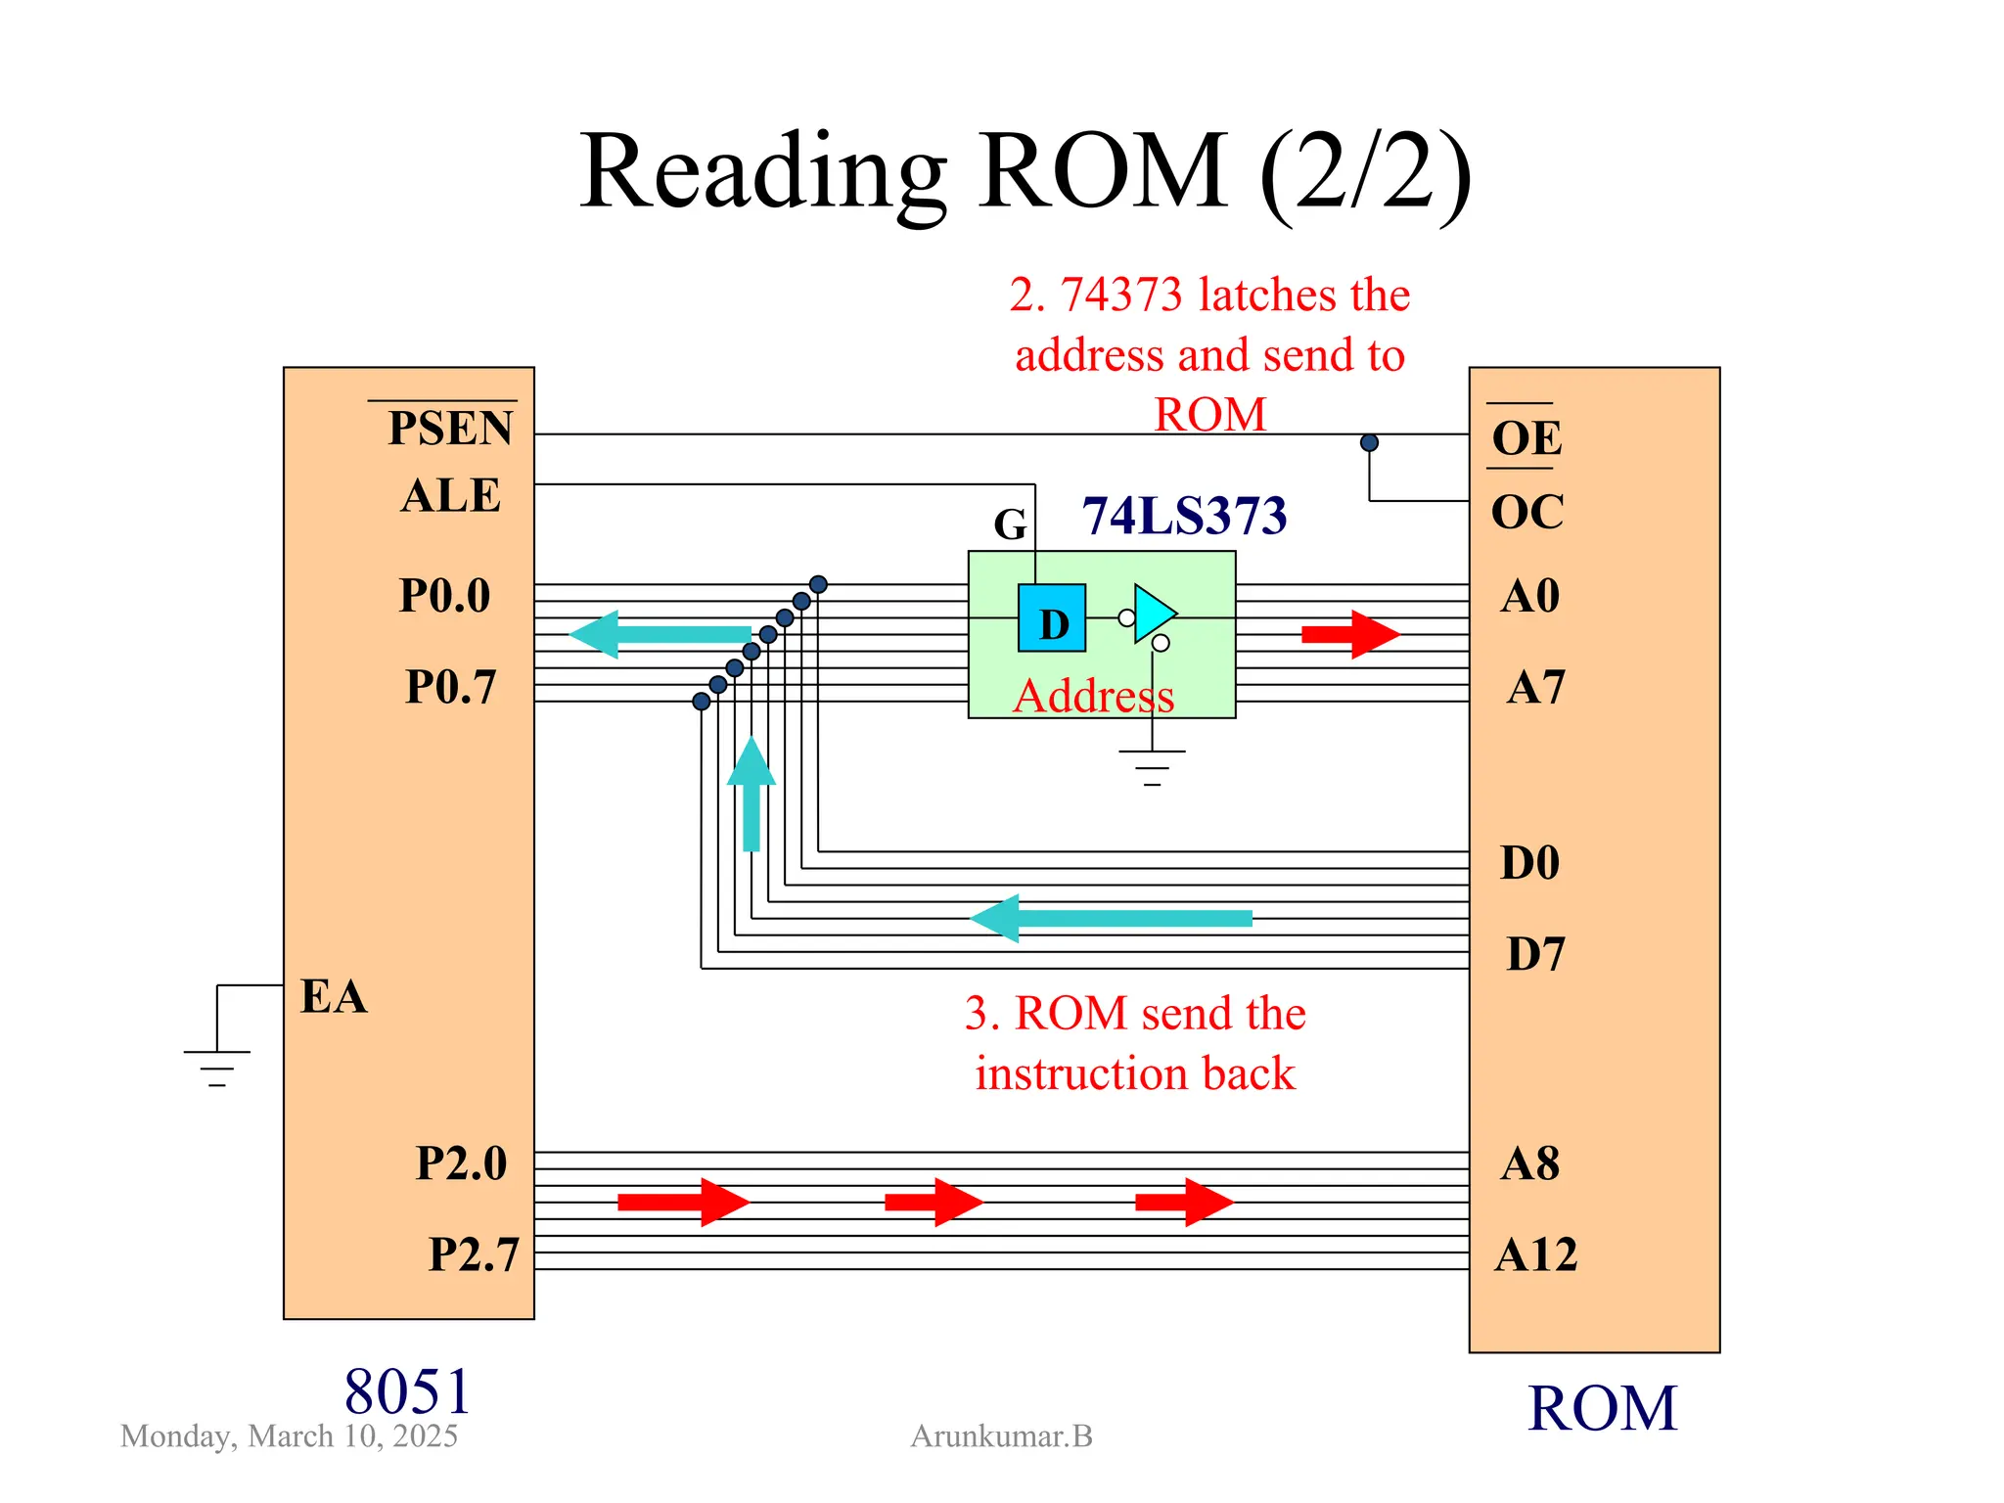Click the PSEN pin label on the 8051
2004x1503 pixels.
tap(450, 428)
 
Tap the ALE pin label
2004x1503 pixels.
tap(450, 495)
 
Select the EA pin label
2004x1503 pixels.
tap(334, 996)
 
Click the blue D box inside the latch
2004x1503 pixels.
tap(1052, 618)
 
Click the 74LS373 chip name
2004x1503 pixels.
tap(1184, 516)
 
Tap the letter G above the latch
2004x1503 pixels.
tap(1010, 524)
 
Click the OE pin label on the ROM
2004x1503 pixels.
tap(1526, 437)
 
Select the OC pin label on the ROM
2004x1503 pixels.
tap(1526, 511)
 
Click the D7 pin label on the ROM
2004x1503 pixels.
tap(1535, 953)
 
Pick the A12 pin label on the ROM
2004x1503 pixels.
tap(1535, 1254)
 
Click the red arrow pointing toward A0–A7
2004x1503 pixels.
tap(1350, 634)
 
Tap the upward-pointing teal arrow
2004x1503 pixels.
tap(751, 793)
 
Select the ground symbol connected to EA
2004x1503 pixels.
tap(217, 1067)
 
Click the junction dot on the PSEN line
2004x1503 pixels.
tap(1369, 442)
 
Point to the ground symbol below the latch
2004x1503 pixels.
tap(1152, 767)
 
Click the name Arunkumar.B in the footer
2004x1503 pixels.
tap(1001, 1435)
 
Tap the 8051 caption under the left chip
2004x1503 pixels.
tap(407, 1390)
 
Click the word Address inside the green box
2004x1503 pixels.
tap(1093, 696)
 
